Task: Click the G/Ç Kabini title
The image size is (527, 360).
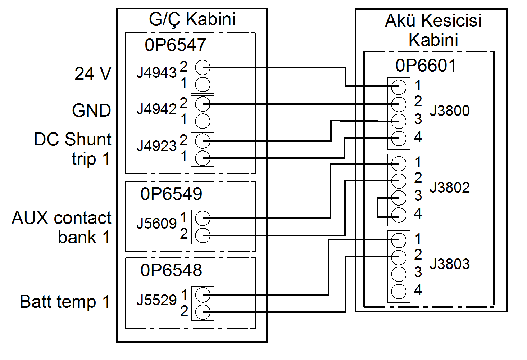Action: click(192, 19)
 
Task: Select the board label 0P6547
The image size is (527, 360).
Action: click(175, 45)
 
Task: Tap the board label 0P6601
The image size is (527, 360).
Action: click(426, 66)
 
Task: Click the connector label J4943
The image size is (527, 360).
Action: click(156, 73)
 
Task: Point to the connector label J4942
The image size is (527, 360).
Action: click(156, 109)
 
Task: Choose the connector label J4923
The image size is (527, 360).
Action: click(156, 146)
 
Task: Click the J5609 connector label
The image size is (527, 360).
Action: click(156, 224)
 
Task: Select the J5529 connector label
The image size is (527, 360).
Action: click(156, 300)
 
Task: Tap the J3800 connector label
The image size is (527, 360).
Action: click(450, 111)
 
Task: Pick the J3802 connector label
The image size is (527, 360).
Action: click(450, 188)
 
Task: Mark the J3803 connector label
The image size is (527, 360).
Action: click(450, 264)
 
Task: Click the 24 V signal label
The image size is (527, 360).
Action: click(93, 74)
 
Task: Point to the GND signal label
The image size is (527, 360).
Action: click(91, 111)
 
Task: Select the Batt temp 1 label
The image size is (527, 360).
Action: click(65, 302)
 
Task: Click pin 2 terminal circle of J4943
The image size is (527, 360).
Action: click(203, 67)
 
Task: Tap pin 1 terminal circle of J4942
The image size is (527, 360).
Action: click(203, 121)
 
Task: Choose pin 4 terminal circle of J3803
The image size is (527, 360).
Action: click(399, 292)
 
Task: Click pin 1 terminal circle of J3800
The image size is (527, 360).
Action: click(399, 87)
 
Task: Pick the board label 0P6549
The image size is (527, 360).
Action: click(171, 194)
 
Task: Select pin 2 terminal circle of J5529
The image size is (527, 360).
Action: click(203, 312)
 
